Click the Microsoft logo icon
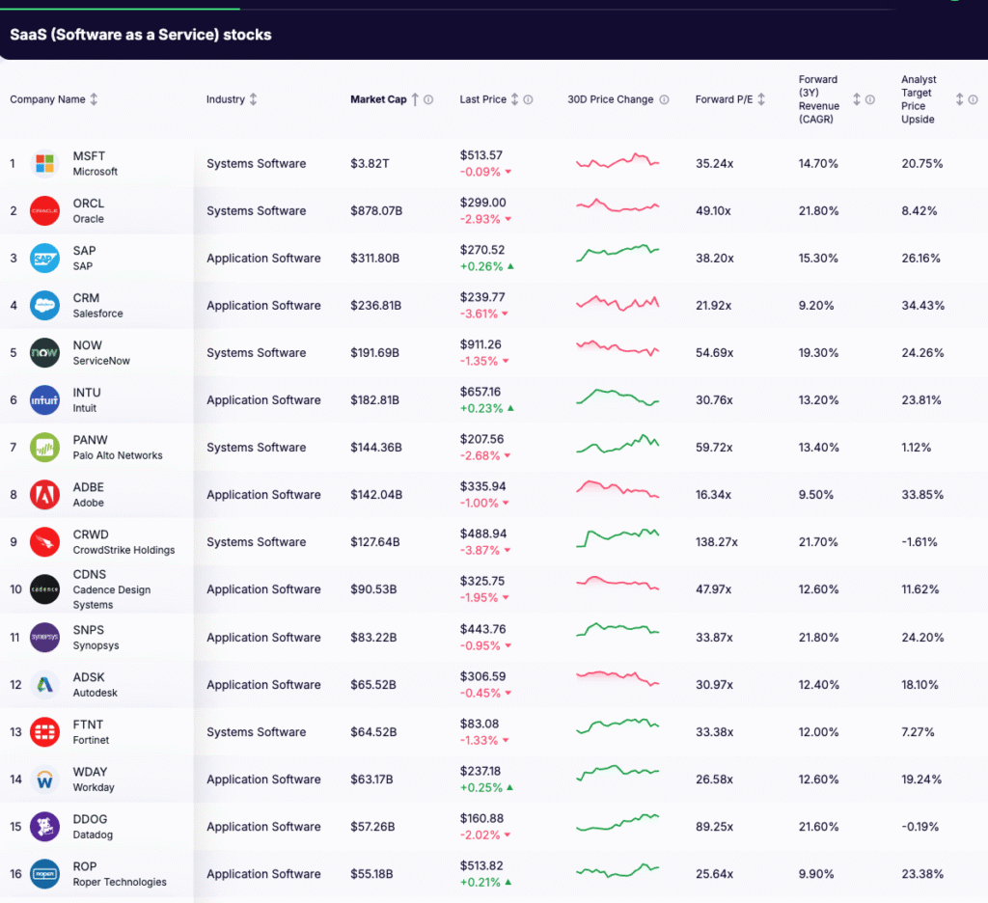(44, 163)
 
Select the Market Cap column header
(378, 99)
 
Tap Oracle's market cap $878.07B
(375, 210)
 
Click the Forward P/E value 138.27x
(716, 542)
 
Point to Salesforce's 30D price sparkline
(617, 304)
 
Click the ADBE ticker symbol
(89, 487)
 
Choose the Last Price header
(482, 99)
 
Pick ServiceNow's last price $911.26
(480, 344)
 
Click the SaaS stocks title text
(141, 35)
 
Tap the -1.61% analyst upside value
(919, 542)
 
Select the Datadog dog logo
(44, 826)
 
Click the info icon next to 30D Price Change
(664, 99)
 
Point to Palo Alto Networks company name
(118, 455)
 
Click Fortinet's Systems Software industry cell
(256, 732)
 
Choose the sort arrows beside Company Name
(94, 99)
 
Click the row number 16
(14, 873)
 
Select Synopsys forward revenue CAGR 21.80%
(818, 638)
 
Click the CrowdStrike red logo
(44, 542)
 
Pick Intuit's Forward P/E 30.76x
(714, 400)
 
